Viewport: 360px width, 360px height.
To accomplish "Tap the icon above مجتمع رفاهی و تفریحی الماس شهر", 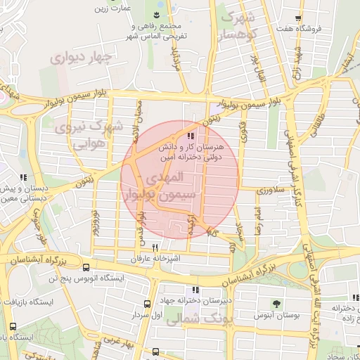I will tap(155, 15).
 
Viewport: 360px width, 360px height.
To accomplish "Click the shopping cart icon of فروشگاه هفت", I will tap(299, 18).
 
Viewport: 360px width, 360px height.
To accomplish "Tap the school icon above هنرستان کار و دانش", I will tap(191, 136).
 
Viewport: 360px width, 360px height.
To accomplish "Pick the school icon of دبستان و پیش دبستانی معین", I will tap(23, 178).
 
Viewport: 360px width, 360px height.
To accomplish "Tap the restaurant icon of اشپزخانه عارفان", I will tap(155, 247).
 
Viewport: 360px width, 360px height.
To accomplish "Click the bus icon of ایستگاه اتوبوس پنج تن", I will tap(86, 267).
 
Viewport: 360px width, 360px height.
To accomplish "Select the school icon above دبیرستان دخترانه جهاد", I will tap(195, 290).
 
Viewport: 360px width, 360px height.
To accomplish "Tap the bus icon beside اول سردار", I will tap(147, 304).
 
